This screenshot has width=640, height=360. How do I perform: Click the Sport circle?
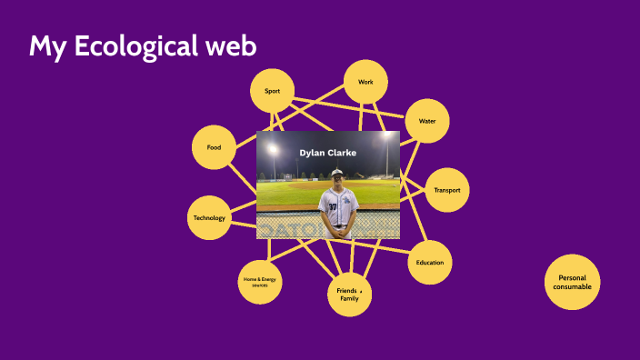click(272, 91)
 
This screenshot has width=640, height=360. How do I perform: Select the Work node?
click(366, 83)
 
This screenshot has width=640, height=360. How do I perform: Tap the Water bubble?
click(426, 121)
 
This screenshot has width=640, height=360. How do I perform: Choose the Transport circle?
click(447, 190)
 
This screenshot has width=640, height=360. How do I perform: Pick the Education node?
click(430, 263)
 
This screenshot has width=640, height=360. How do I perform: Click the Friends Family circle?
click(350, 294)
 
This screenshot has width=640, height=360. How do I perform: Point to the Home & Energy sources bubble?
click(259, 282)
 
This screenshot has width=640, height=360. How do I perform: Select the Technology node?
click(209, 218)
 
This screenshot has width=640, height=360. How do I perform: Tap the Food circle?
click(215, 147)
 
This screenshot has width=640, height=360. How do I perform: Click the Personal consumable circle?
click(574, 283)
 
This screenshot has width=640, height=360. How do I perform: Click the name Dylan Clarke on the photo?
click(327, 152)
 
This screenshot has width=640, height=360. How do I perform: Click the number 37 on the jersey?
click(333, 207)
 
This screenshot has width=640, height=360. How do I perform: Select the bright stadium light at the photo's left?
click(272, 150)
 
